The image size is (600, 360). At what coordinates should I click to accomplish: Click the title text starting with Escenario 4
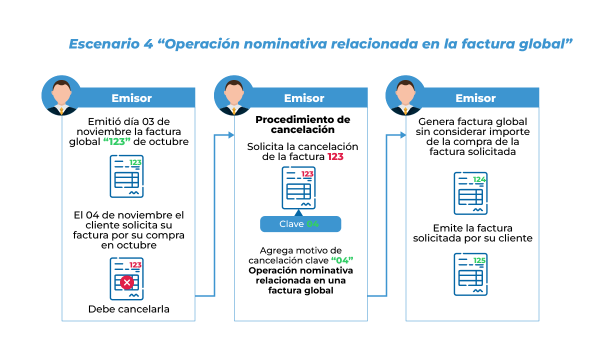tap(320, 44)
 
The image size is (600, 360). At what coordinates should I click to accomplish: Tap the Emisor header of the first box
tap(131, 98)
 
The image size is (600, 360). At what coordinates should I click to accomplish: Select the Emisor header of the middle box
tap(304, 98)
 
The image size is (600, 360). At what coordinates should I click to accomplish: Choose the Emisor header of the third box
tap(475, 98)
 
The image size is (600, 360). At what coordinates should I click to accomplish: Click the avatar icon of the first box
tap(61, 95)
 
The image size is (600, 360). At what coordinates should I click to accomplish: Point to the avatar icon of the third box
tap(405, 95)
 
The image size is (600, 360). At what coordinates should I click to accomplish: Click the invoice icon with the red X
tap(126, 278)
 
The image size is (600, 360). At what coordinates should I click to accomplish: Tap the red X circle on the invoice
tap(127, 283)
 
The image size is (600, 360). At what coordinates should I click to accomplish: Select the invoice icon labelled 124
tap(470, 193)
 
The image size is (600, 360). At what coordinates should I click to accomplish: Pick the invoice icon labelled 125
tap(470, 274)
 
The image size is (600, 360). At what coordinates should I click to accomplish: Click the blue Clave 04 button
tap(300, 224)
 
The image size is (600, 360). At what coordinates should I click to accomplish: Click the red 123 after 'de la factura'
tap(335, 157)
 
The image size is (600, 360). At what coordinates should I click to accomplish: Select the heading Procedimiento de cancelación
tap(302, 124)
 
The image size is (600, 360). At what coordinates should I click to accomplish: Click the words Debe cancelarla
tap(128, 309)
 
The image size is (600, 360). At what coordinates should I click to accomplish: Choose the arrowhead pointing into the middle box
tap(231, 135)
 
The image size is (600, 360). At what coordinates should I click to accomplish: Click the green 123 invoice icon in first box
tap(126, 176)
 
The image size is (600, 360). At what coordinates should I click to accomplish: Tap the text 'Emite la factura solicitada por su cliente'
tap(472, 233)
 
